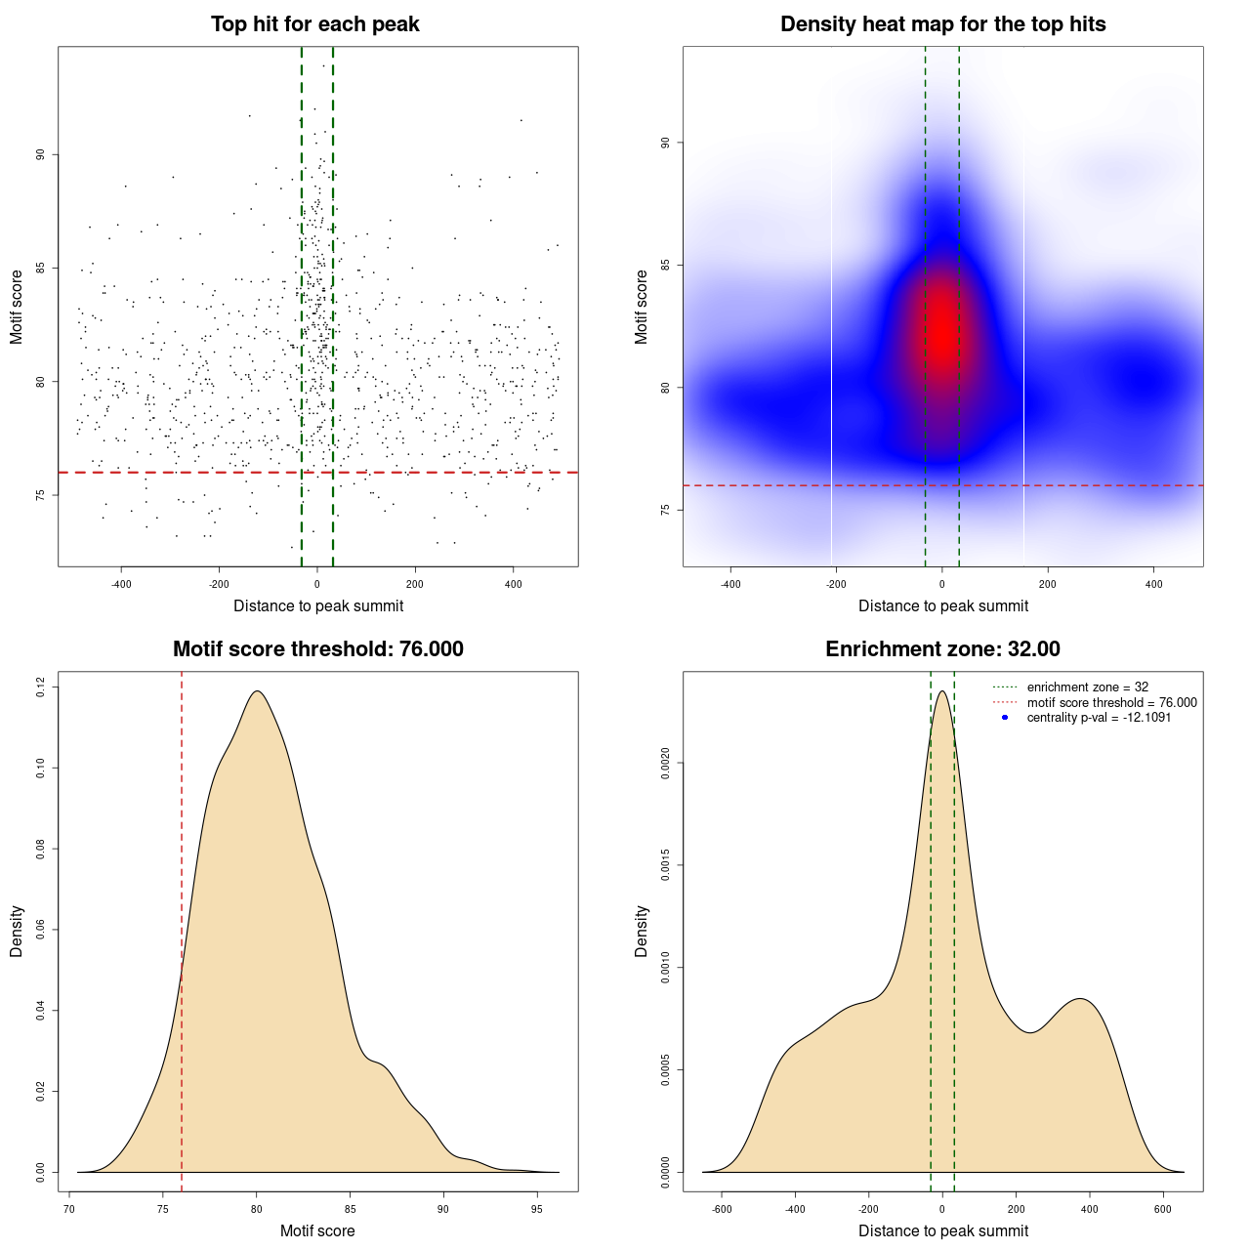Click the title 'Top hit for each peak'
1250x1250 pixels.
315,24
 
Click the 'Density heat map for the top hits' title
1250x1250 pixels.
942,24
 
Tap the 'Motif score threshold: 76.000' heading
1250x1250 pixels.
317,649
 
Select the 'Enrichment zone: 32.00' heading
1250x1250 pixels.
942,649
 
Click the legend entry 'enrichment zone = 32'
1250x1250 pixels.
1087,687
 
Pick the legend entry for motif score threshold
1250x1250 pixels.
1111,702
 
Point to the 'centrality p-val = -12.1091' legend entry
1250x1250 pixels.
1099,717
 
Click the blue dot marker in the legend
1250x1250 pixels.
1005,717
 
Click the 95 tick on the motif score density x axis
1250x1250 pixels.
536,1209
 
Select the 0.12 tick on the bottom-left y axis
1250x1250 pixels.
40,687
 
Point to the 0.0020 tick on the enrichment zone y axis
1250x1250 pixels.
665,763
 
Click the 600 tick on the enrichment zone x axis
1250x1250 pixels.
1162,1209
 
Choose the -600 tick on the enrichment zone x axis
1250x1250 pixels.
722,1209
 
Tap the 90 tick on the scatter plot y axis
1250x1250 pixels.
40,154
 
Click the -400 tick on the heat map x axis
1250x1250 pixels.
730,584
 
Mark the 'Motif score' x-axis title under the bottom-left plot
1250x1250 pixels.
317,1230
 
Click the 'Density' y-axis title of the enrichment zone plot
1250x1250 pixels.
642,931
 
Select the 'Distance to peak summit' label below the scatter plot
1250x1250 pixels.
318,605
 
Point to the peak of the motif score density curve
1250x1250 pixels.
257,691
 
